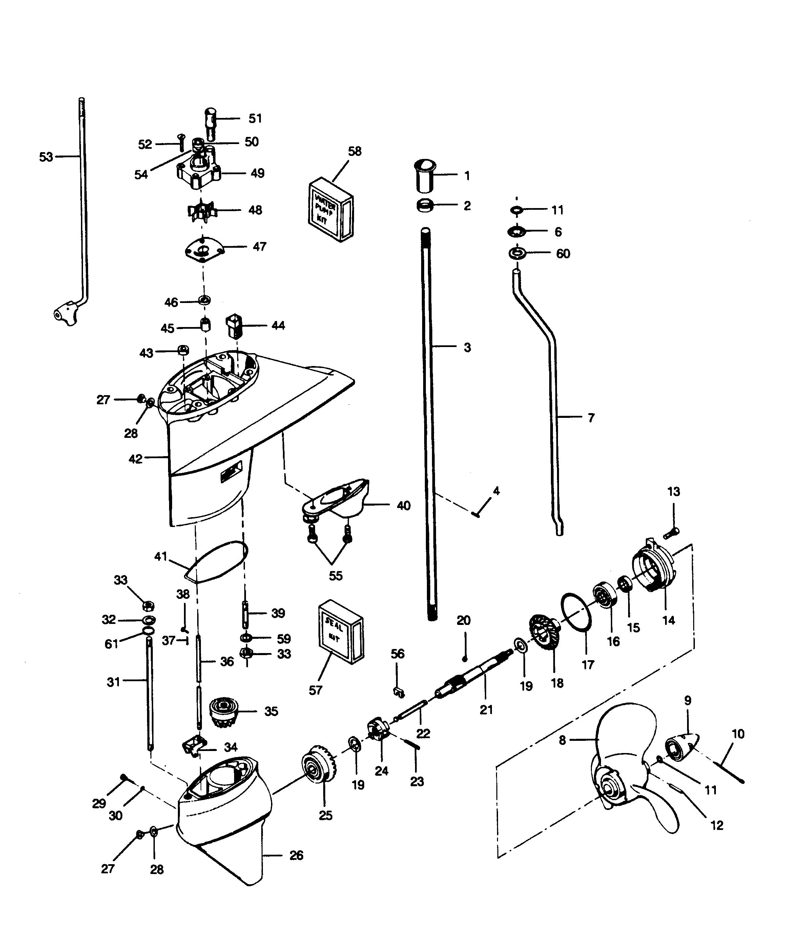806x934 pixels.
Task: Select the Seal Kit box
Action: (340, 631)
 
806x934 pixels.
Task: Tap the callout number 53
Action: (46, 157)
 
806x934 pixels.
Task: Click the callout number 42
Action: (135, 459)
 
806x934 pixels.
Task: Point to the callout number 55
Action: (336, 576)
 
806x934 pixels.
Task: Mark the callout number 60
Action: (563, 254)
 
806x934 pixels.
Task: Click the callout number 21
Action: (486, 710)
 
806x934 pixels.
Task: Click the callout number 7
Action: (591, 418)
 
